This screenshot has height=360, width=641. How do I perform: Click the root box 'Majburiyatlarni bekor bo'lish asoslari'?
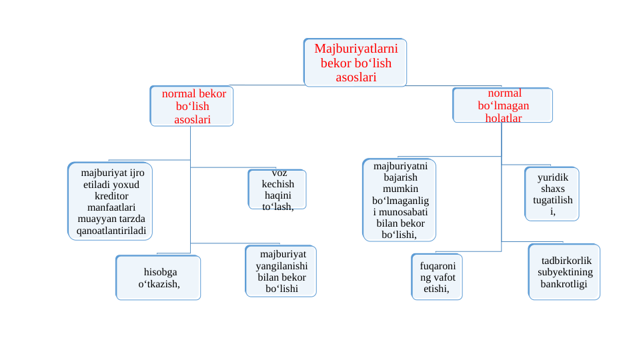tap(355, 63)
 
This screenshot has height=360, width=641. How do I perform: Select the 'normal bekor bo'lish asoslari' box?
tap(192, 107)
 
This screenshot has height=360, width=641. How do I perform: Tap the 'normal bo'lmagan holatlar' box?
tap(503, 105)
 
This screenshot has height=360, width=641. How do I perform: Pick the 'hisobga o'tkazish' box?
tap(159, 278)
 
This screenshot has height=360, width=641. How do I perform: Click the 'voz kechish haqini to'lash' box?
tap(277, 190)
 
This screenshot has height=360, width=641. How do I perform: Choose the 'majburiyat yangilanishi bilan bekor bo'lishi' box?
tap(281, 271)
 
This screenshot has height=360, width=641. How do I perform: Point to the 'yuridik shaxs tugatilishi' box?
tap(552, 194)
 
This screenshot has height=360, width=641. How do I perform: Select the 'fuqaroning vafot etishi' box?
tap(437, 277)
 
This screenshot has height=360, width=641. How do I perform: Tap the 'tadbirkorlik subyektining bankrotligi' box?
tap(564, 272)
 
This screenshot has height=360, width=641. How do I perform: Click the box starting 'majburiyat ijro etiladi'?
tap(111, 201)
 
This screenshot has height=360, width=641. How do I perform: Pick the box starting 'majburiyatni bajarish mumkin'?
tap(400, 200)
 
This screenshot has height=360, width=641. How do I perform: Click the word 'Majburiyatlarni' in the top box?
tap(356, 49)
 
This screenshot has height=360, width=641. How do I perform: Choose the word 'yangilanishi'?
tap(281, 265)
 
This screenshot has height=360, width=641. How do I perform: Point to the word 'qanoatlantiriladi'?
tap(111, 231)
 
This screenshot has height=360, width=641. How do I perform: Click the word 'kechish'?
tap(277, 184)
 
